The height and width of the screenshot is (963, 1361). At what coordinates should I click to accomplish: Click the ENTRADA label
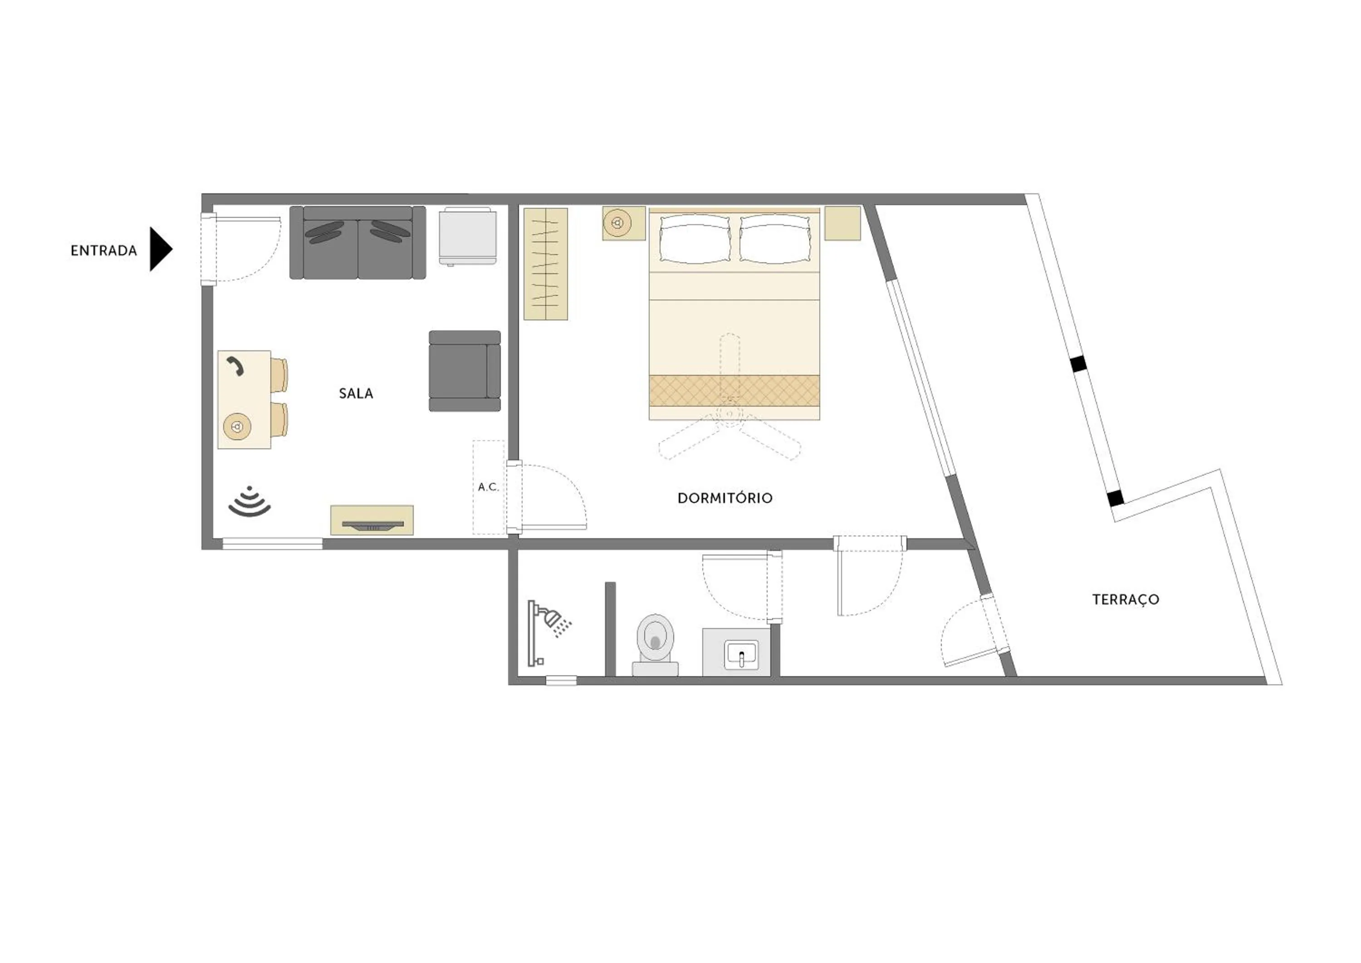pyautogui.click(x=104, y=251)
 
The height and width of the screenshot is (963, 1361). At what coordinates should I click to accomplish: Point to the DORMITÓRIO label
pyautogui.click(x=725, y=498)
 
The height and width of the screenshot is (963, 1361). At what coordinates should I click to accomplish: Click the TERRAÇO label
pyautogui.click(x=1125, y=599)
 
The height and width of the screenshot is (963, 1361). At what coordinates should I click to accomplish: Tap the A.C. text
pyautogui.click(x=488, y=487)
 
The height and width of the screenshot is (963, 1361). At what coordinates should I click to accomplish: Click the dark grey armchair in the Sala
pyautogui.click(x=464, y=371)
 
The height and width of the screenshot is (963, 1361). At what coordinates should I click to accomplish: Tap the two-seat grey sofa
pyautogui.click(x=357, y=242)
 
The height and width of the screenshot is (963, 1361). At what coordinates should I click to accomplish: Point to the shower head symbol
pyautogui.click(x=554, y=619)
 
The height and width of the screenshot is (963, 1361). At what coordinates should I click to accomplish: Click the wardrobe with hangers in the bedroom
pyautogui.click(x=545, y=264)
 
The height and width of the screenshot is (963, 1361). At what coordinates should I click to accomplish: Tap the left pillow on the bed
pyautogui.click(x=695, y=238)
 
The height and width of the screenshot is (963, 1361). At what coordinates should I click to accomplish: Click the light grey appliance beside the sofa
pyautogui.click(x=467, y=236)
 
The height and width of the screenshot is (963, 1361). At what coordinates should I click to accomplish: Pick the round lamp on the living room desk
pyautogui.click(x=237, y=426)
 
